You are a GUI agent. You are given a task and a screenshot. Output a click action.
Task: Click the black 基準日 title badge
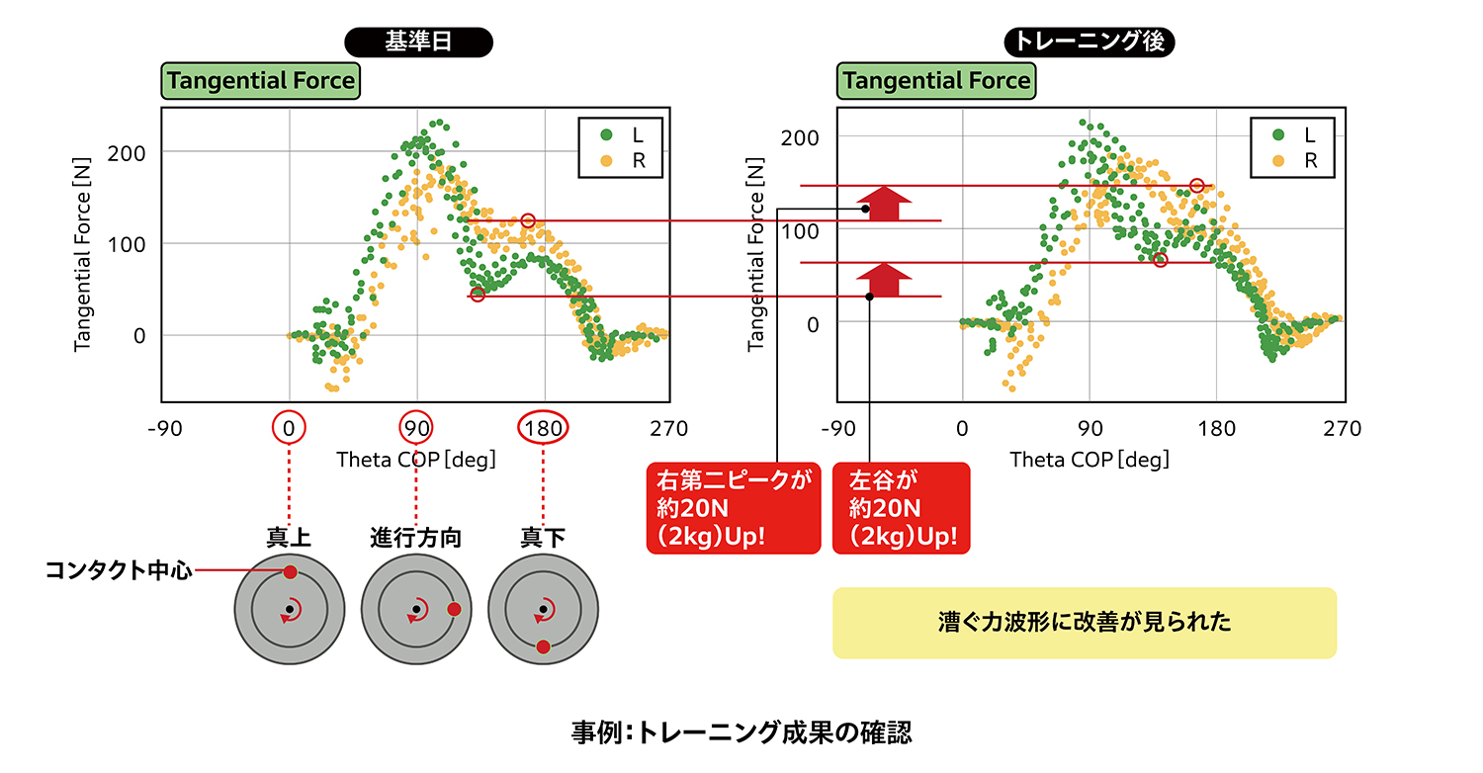tap(418, 42)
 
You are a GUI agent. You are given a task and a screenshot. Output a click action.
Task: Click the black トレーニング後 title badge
tap(1089, 42)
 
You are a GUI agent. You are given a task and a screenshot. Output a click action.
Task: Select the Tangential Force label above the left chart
tap(260, 80)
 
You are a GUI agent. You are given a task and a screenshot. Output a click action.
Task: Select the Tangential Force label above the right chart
tap(935, 80)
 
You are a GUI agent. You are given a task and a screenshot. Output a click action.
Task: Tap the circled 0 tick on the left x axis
tap(289, 428)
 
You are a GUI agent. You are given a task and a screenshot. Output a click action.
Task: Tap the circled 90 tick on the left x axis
tap(416, 428)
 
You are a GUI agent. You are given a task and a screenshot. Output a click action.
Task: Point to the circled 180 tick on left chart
tap(543, 428)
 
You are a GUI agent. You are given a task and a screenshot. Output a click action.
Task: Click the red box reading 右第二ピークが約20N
tap(733, 508)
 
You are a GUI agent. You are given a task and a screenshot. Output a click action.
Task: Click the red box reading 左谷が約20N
tap(901, 508)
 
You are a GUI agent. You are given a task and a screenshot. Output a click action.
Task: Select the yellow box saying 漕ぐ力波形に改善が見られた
tap(1084, 623)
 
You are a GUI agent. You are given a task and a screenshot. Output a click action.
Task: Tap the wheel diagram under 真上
tap(289, 609)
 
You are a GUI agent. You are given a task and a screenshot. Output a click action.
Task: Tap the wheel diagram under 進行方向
tap(416, 609)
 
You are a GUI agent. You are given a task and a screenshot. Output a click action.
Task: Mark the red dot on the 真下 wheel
tap(543, 645)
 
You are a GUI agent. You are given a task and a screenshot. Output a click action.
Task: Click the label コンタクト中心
tap(117, 571)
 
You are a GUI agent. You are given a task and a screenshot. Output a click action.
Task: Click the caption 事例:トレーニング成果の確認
tap(741, 732)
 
